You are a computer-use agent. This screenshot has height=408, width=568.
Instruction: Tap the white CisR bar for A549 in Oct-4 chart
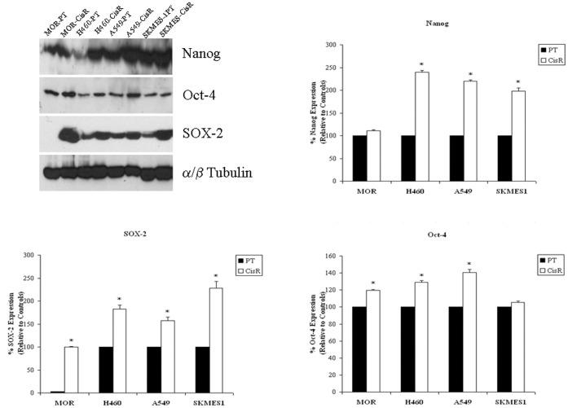[x=469, y=333]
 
